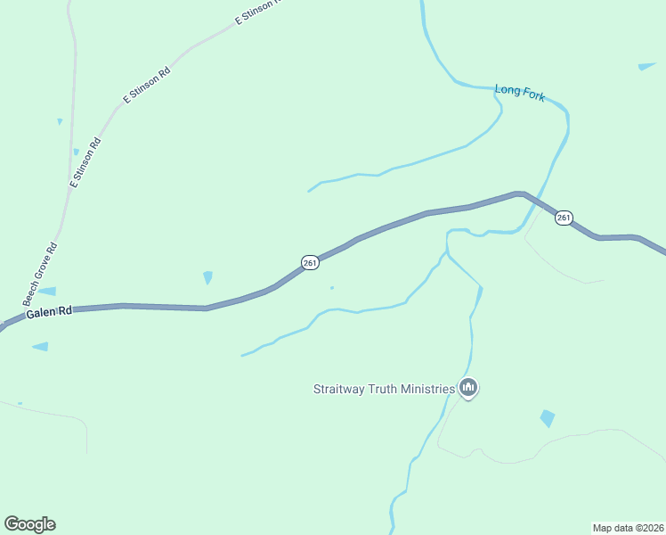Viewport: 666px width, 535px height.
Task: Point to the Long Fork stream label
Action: pos(520,92)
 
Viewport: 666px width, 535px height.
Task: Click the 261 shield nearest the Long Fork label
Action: pos(564,218)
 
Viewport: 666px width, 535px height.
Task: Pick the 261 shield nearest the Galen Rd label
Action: pos(310,262)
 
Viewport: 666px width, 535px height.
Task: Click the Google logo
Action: pos(29,524)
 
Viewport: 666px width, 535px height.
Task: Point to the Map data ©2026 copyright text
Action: pos(628,527)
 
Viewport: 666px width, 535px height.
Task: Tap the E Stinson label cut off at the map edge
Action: pos(257,12)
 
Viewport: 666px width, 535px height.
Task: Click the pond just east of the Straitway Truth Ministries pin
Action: pos(547,418)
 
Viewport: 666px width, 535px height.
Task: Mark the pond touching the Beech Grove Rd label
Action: pos(45,291)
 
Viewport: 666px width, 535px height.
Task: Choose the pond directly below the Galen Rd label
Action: pos(40,346)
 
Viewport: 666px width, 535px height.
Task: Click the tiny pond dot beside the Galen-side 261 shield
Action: pos(332,287)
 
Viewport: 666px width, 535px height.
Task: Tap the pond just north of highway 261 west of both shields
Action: pos(208,277)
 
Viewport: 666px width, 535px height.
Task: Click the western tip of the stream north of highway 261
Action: pos(309,191)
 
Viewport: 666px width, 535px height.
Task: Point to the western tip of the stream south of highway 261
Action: pos(242,356)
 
